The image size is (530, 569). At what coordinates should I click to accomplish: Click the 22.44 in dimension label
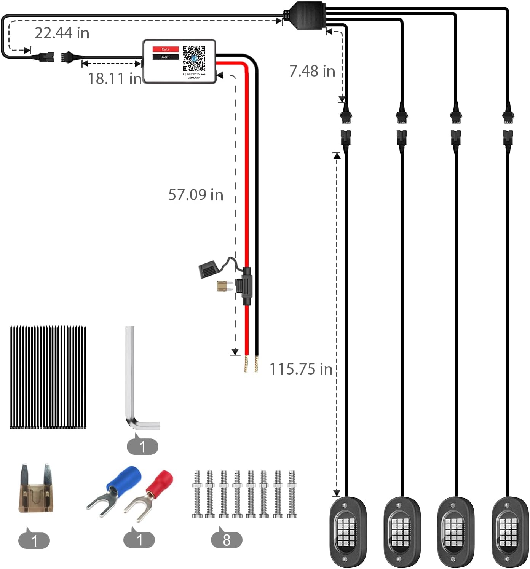(62, 33)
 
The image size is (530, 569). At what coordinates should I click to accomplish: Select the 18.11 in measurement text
(115, 79)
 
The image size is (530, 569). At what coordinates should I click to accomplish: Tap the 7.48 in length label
(312, 71)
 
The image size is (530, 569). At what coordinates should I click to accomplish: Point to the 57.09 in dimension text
(196, 195)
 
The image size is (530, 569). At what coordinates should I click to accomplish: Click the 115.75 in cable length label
(301, 369)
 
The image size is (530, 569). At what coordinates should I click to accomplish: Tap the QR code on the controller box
(194, 58)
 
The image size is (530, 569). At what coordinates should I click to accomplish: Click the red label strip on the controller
(165, 49)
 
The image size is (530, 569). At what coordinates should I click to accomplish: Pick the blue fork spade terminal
(114, 489)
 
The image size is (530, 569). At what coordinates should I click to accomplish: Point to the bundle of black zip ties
(48, 377)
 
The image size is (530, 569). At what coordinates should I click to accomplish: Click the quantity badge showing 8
(227, 540)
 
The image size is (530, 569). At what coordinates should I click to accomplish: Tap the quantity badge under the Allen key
(142, 446)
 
